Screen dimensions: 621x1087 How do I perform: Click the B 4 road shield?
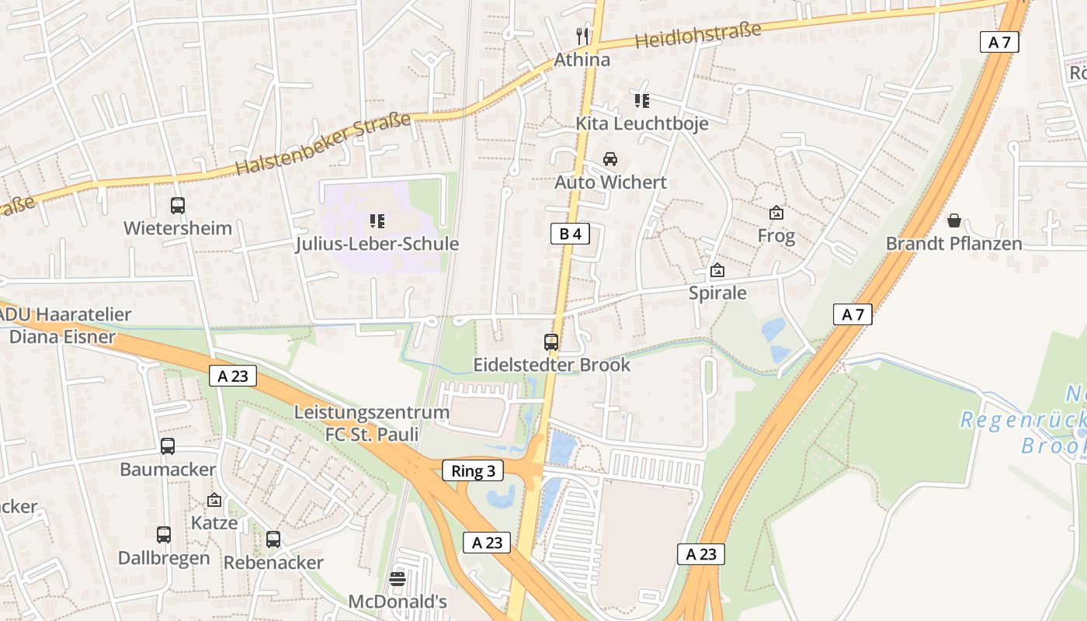570,234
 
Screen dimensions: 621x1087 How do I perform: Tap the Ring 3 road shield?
473,470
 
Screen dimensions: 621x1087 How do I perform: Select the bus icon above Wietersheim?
178,206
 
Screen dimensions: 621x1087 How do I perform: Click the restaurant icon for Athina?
582,35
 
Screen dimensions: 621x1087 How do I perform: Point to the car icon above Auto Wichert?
610,159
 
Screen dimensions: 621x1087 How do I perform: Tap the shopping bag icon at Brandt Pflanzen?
954,220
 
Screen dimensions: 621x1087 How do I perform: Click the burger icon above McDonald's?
398,578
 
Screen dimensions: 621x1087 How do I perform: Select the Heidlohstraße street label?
698,35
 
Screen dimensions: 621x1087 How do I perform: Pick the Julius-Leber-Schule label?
377,244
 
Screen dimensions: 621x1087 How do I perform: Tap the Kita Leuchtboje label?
641,123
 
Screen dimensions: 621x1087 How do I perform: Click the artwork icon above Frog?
776,213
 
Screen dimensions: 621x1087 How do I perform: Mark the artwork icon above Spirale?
717,271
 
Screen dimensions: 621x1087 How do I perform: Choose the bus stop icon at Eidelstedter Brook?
551,342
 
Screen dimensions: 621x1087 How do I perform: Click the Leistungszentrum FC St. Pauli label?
372,423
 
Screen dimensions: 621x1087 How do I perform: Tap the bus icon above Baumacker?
168,446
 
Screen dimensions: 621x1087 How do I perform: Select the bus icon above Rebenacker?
273,539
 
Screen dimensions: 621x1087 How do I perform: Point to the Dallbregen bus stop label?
164,558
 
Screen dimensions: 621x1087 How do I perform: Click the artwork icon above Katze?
214,501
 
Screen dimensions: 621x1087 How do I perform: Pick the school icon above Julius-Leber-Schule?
377,221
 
